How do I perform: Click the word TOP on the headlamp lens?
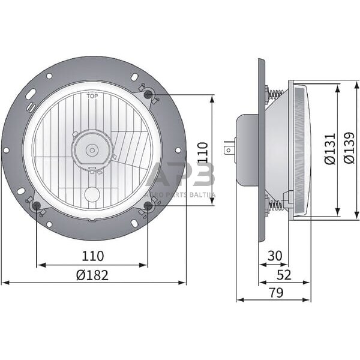coord(92,96)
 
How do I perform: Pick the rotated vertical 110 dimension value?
coord(202,152)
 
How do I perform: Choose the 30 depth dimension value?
coord(274,256)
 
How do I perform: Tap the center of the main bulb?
coord(92,150)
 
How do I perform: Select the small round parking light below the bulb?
coord(92,194)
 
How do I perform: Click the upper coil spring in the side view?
coord(276,94)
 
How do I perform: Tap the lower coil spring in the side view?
coord(276,206)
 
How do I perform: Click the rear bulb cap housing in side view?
coord(247,150)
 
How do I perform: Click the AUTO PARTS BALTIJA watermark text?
coord(180,195)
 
